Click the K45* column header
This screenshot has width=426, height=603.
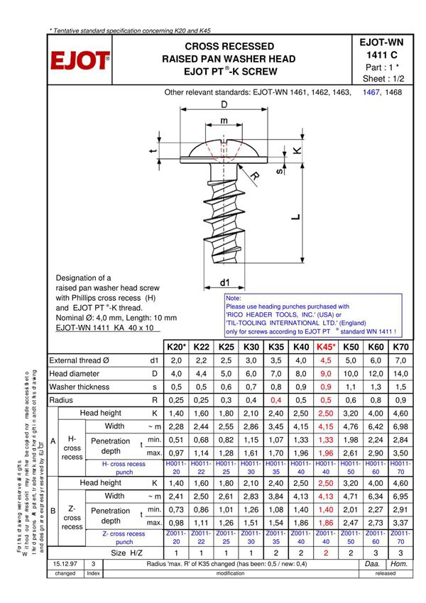point(326,347)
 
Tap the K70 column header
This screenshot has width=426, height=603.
point(400,347)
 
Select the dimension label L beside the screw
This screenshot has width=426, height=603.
point(295,217)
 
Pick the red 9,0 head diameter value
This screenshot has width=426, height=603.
point(326,374)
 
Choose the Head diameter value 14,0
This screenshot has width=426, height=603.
point(400,374)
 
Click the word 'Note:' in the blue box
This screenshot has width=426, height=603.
point(234,299)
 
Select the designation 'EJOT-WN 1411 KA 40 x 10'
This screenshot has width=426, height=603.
point(106,329)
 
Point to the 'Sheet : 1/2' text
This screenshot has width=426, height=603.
point(383,79)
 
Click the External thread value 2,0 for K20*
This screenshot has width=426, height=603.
point(176,360)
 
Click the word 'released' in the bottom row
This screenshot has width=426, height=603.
point(386,573)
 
